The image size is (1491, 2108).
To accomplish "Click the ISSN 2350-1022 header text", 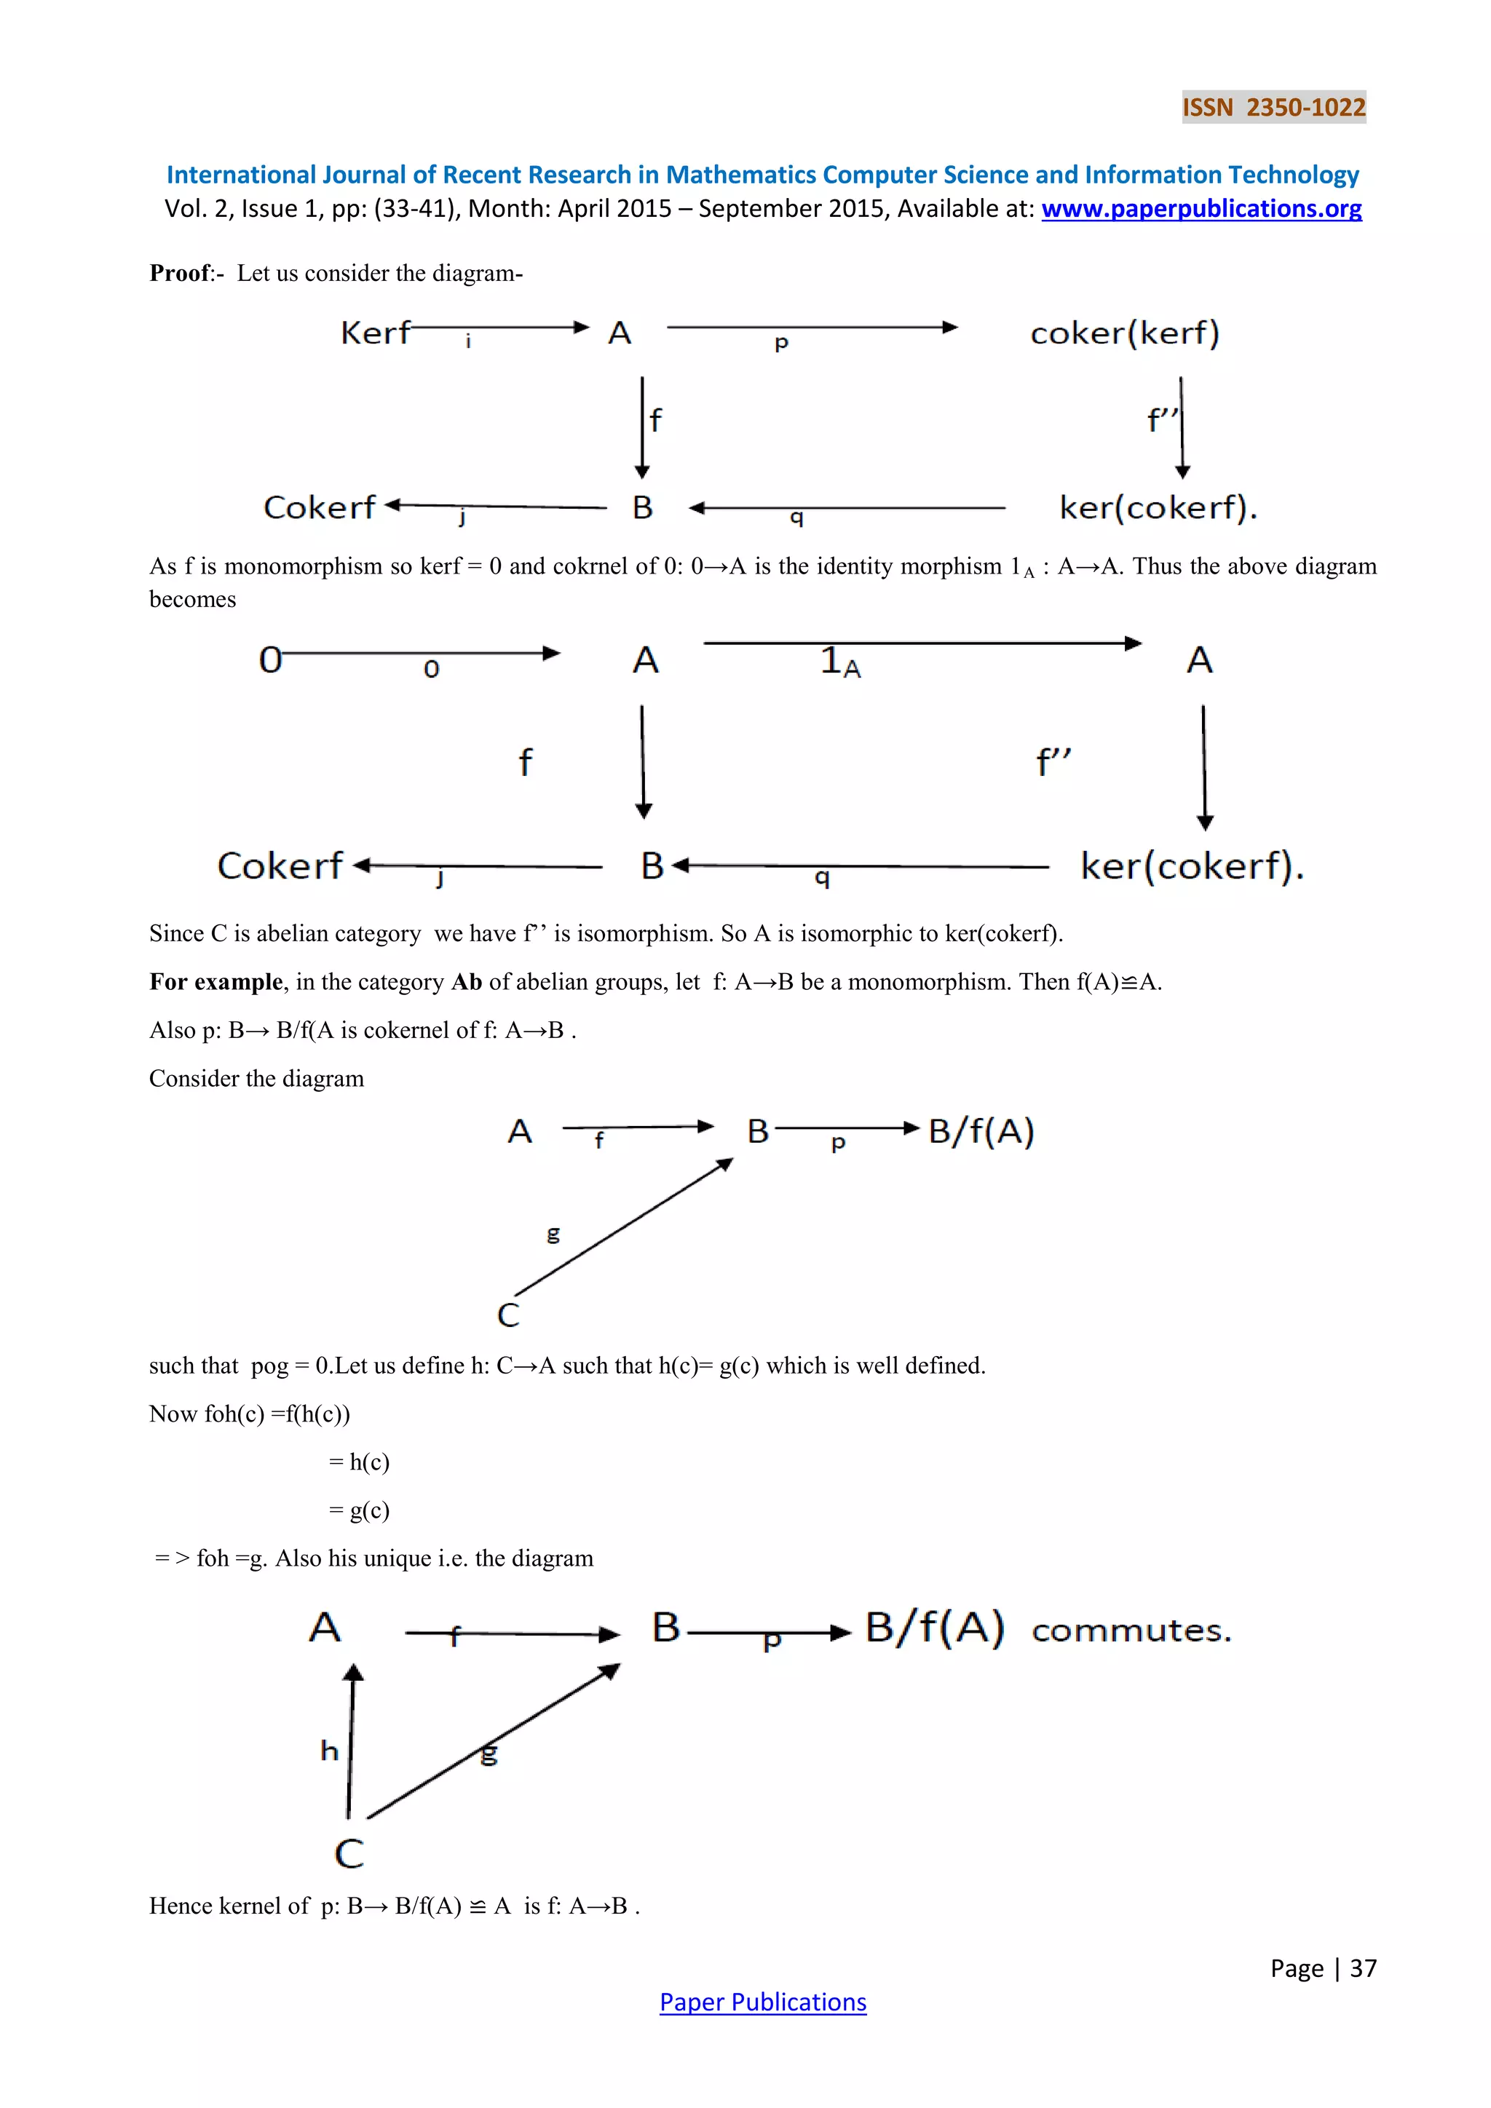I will pyautogui.click(x=1273, y=108).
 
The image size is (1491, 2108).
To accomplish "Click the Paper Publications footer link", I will pyautogui.click(x=762, y=2002).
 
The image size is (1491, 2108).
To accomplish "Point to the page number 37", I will pyautogui.click(x=1362, y=1968).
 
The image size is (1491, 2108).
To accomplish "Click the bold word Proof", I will pyautogui.click(x=180, y=274).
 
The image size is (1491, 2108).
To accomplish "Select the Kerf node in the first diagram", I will pyautogui.click(x=375, y=333).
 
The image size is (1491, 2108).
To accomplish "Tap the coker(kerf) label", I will pyautogui.click(x=1125, y=333).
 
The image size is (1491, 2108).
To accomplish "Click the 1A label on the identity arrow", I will pyautogui.click(x=840, y=661).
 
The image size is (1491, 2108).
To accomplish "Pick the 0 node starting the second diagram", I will pyautogui.click(x=270, y=659).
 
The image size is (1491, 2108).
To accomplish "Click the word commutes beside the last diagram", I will pyautogui.click(x=1131, y=1630).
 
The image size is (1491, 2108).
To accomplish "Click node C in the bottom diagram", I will pyautogui.click(x=349, y=1853).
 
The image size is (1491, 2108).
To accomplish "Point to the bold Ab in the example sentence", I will pyautogui.click(x=467, y=983).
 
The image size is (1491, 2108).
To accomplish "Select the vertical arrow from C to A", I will pyautogui.click(x=351, y=1740).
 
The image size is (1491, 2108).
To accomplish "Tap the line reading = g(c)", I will pyautogui.click(x=359, y=1510).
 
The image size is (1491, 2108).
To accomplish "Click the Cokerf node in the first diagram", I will pyautogui.click(x=320, y=507).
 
